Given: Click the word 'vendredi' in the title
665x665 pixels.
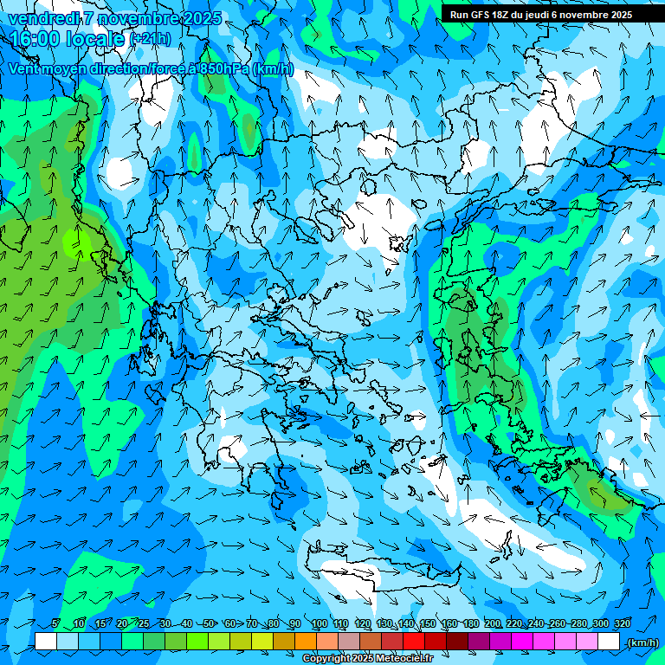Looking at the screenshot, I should pos(39,18).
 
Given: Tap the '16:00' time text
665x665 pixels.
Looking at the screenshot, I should pos(34,39).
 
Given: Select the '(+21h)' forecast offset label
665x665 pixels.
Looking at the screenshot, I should pos(150,39).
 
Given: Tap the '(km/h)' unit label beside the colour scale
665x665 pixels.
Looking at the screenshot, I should pos(642,642).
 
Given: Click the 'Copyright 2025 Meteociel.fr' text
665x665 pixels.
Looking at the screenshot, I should pos(367,659).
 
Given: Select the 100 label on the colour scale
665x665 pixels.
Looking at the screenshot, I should pos(319,623).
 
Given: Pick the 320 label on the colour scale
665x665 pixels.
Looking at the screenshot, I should pos(622,623).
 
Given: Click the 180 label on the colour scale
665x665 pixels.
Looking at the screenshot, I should pos(470,623).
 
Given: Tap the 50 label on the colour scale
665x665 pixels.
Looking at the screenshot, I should pos(209,623).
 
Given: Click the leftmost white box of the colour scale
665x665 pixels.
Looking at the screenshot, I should pos(46,642).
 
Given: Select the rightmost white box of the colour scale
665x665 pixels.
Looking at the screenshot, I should pos(609,642).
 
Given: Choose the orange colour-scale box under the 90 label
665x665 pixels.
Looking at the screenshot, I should pos(306,642).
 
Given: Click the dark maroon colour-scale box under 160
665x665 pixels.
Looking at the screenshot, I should pos(457,642).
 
